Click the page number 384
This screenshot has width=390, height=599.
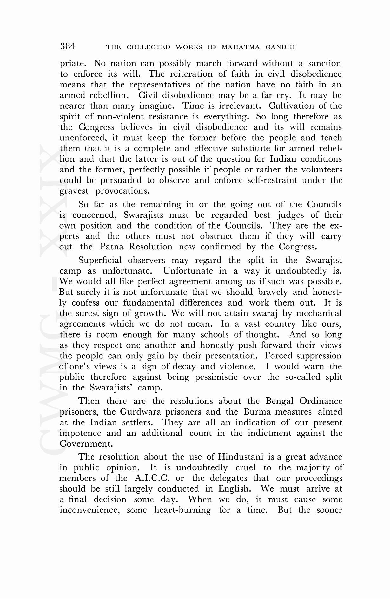pyautogui.click(x=68, y=47)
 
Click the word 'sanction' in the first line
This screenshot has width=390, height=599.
pyautogui.click(x=325, y=63)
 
